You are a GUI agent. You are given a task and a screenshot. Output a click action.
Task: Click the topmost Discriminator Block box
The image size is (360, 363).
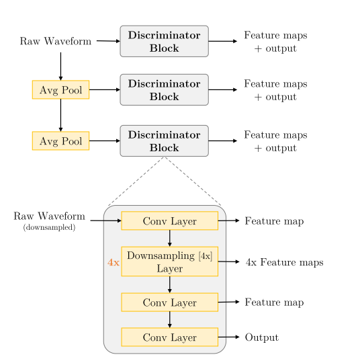164,41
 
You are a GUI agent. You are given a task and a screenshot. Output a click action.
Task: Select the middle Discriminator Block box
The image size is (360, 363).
164,89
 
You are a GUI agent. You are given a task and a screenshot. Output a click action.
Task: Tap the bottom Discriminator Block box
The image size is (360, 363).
164,140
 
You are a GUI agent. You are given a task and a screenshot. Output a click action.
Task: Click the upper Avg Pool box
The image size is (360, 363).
60,89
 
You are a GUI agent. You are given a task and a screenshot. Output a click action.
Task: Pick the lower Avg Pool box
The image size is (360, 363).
60,140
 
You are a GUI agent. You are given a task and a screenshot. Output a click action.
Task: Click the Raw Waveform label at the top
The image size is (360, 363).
56,41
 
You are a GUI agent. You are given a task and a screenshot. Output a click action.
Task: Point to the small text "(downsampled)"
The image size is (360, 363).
49,228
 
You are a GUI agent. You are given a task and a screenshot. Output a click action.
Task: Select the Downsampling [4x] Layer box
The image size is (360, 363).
169,261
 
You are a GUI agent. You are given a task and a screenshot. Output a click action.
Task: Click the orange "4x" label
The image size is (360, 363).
113,262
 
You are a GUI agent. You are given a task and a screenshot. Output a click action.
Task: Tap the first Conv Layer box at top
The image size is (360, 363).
169,220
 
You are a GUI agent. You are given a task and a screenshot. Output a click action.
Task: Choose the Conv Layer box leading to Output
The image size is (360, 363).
169,337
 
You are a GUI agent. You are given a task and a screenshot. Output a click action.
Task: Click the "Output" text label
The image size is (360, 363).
261,337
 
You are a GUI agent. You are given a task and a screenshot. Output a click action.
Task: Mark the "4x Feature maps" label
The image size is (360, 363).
285,262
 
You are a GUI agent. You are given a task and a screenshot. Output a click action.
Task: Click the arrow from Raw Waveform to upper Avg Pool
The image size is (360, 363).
60,65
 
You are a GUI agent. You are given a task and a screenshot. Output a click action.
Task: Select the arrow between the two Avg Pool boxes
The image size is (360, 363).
60,115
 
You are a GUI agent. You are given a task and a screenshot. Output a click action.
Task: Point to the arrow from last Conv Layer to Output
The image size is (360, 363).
229,337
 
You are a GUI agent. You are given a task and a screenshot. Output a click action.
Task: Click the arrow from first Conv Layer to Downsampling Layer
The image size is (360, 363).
169,238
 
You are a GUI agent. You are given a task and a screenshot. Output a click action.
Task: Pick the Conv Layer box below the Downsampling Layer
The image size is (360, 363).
169,302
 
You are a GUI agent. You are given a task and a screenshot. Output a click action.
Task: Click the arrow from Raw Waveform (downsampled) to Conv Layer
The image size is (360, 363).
105,220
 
